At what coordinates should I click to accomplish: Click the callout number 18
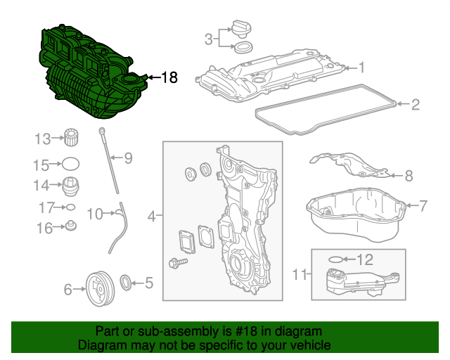170,77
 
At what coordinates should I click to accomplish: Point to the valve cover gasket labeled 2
323,109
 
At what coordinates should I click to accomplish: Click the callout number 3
208,39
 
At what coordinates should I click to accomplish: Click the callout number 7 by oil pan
423,206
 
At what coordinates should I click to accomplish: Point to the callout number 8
409,175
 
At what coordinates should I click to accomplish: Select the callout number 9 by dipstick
128,158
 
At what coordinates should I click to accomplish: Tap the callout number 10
94,212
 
